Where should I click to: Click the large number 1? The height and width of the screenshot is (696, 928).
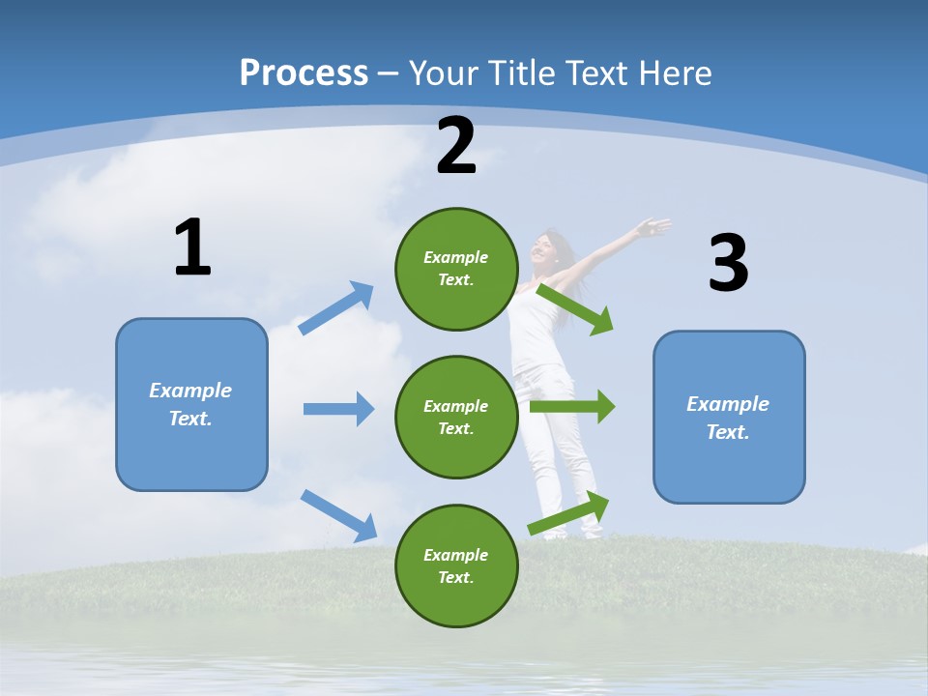[192, 247]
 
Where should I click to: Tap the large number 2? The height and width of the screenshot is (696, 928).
[456, 146]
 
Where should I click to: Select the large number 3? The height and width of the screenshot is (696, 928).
[728, 263]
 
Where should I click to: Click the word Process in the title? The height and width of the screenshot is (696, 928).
[304, 72]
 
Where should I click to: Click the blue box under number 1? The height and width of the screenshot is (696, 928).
[191, 404]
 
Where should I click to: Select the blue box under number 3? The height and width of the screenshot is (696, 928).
[729, 418]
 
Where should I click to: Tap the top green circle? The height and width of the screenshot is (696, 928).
[456, 269]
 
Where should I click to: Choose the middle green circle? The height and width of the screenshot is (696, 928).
[456, 417]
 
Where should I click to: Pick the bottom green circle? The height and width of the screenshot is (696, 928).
[456, 565]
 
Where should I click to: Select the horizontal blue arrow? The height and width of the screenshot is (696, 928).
[339, 409]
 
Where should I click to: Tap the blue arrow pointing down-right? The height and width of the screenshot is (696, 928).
[339, 514]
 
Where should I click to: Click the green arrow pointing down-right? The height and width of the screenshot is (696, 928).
[576, 309]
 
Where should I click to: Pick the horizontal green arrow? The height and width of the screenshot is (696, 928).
[572, 406]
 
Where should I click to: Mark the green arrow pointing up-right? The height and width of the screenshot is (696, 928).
[569, 513]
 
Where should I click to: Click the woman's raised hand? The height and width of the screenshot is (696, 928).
[653, 229]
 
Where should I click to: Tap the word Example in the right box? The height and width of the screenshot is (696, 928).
[728, 404]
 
